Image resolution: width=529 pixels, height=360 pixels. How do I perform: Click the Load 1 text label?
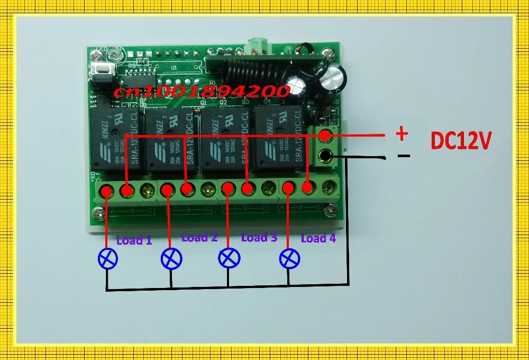pos(134,240)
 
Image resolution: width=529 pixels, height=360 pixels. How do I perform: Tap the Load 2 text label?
pos(199,237)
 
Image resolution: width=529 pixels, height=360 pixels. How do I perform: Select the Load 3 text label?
pos(259,237)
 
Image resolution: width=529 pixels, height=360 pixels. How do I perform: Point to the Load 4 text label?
pos(318,238)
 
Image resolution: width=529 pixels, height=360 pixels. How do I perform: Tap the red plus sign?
pos(403,134)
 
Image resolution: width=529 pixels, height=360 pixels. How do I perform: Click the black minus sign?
pos(404,156)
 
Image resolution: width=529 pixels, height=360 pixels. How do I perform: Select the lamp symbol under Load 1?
pos(108,259)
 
